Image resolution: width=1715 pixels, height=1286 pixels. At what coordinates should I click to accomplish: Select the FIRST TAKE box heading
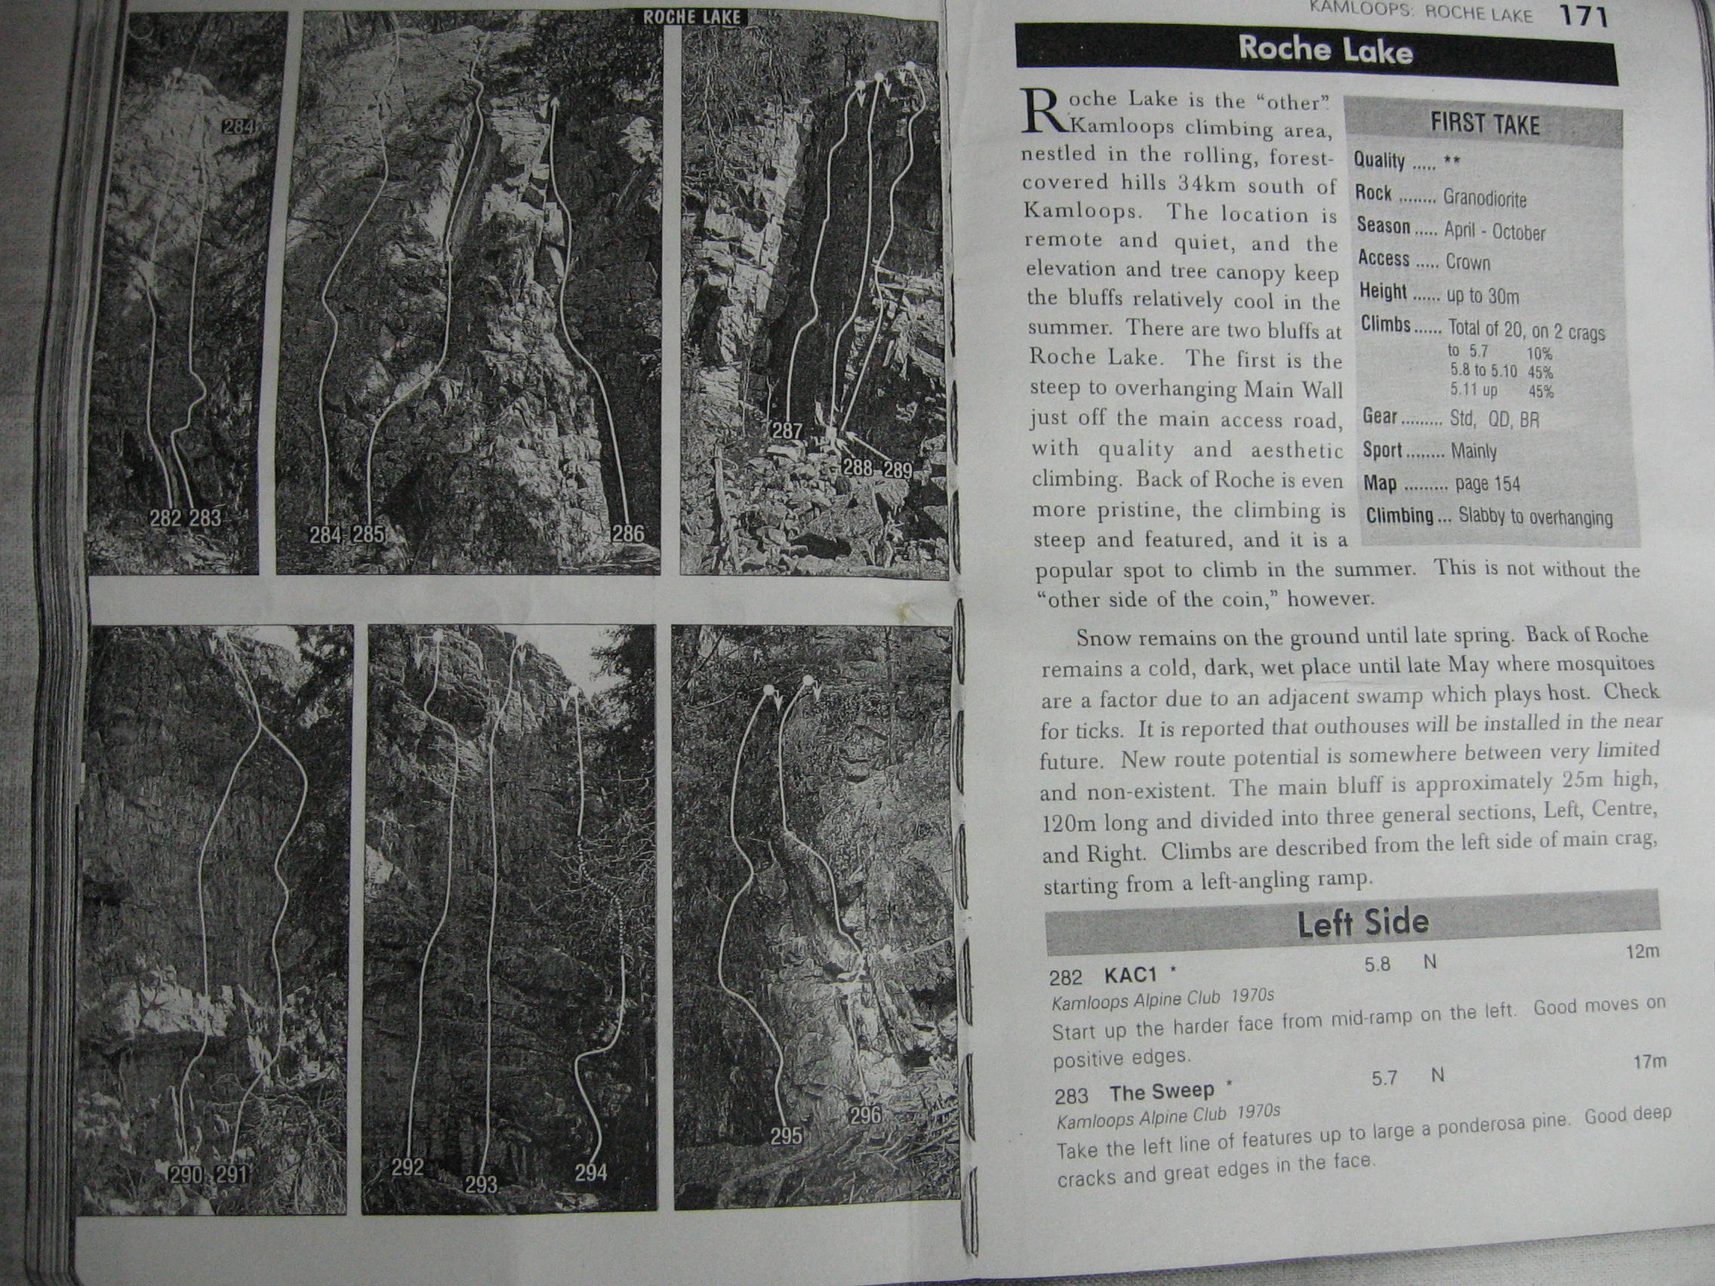(x=1484, y=124)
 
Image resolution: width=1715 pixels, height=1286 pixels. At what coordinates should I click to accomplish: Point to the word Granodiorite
(x=1484, y=198)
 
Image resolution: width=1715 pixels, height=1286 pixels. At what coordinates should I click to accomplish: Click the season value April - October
(x=1494, y=231)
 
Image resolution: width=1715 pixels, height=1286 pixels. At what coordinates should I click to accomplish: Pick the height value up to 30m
(x=1483, y=295)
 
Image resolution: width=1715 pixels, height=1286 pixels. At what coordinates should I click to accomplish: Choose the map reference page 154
(x=1487, y=484)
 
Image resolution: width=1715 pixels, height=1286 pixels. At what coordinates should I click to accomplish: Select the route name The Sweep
(x=1162, y=1092)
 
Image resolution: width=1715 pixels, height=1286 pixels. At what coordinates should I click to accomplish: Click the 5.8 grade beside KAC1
(x=1378, y=964)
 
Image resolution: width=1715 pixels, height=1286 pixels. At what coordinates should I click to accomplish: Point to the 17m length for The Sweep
(x=1649, y=1061)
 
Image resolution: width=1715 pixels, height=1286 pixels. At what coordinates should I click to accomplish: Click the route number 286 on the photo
(x=627, y=533)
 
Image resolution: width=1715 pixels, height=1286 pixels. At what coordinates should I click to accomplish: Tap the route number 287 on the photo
(x=787, y=430)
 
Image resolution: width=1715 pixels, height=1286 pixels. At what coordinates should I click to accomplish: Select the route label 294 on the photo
(x=591, y=1173)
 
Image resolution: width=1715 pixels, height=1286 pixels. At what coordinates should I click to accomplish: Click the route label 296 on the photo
(x=865, y=1115)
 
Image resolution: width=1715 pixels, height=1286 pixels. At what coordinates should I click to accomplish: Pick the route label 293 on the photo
(x=481, y=1183)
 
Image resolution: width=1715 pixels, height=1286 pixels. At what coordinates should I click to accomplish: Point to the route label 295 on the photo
(x=787, y=1136)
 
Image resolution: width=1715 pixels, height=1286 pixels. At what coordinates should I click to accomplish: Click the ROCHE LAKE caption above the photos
(x=691, y=17)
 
